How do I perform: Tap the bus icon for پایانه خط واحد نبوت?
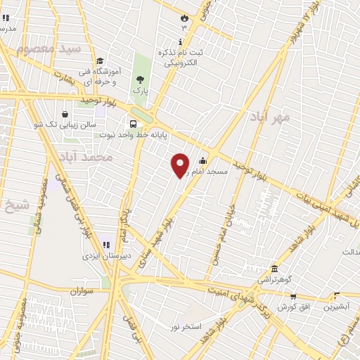132,124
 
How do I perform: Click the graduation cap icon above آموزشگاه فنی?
101,61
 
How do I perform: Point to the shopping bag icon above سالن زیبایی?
65,114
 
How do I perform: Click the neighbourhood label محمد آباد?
86,156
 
